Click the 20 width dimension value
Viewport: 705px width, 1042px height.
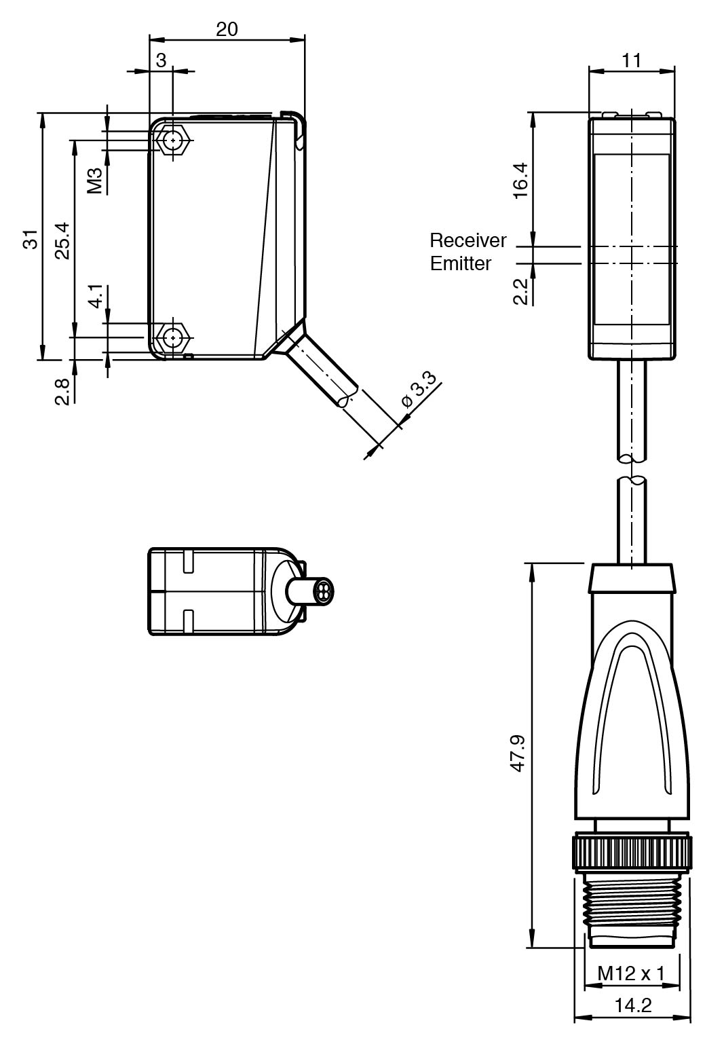click(227, 29)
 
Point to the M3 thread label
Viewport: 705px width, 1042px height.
click(95, 181)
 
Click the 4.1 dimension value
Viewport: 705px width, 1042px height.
click(96, 297)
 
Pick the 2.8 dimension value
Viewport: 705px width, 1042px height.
click(62, 391)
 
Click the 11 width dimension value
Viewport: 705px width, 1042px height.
click(632, 60)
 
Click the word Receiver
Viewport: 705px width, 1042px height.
click(468, 240)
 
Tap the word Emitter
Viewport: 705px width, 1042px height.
click(461, 263)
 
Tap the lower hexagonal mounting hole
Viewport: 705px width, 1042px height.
click(174, 337)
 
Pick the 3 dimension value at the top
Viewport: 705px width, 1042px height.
click(161, 60)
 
